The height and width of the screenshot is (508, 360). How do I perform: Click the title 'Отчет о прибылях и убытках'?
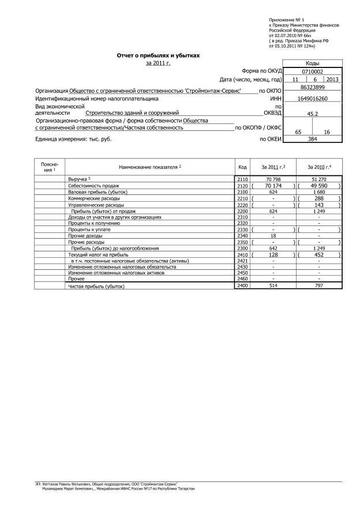[159, 55]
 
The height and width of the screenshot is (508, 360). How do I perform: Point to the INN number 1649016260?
[312, 99]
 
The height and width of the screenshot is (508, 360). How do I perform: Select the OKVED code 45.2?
[312, 114]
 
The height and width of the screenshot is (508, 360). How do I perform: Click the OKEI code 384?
[312, 139]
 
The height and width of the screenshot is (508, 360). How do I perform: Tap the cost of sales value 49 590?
[318, 186]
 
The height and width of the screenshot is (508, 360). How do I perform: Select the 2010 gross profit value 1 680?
[318, 193]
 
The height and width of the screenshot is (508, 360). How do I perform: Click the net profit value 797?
[318, 285]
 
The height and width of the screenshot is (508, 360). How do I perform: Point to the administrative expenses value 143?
[318, 205]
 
